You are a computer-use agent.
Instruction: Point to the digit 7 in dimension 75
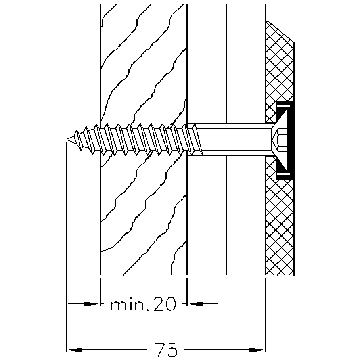click(x=161, y=350)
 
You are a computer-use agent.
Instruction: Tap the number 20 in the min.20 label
click(x=165, y=304)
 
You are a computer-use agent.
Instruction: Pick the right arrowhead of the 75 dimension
click(x=257, y=350)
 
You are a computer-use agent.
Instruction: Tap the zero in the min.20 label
click(x=170, y=304)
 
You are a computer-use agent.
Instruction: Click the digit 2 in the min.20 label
click(x=159, y=304)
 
